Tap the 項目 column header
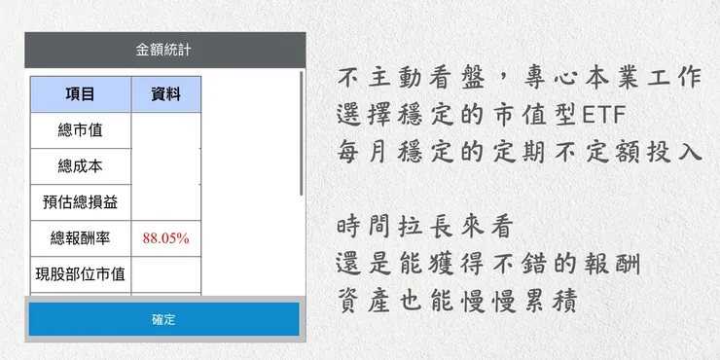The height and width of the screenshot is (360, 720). [80, 94]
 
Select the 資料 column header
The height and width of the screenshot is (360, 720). [165, 94]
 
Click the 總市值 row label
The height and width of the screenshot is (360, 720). [80, 130]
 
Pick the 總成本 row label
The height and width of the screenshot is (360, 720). [80, 166]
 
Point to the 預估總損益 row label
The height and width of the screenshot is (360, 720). [80, 202]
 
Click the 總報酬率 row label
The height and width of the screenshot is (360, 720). [80, 238]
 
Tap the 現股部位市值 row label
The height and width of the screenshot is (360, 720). [80, 274]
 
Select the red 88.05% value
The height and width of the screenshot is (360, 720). [165, 238]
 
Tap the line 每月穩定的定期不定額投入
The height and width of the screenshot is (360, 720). [519, 153]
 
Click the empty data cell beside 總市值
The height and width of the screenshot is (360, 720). [165, 130]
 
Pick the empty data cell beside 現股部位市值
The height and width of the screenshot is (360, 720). [165, 274]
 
